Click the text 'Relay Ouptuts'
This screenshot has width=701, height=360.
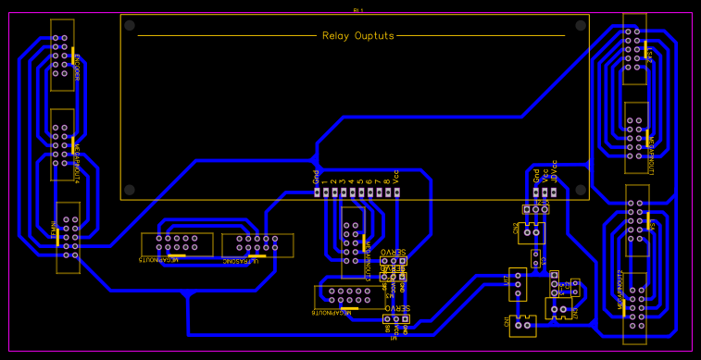click(357, 36)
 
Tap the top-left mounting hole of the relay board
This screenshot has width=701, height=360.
click(130, 25)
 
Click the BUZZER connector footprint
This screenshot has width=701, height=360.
click(62, 56)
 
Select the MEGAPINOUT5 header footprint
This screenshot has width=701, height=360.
click(177, 244)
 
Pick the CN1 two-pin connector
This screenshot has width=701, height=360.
click(522, 323)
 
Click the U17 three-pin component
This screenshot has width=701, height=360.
click(517, 284)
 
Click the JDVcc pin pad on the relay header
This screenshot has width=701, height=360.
click(554, 192)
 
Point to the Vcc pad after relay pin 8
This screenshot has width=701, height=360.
click(396, 192)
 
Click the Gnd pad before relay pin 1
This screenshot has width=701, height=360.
click(316, 192)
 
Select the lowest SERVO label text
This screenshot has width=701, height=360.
click(396, 308)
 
